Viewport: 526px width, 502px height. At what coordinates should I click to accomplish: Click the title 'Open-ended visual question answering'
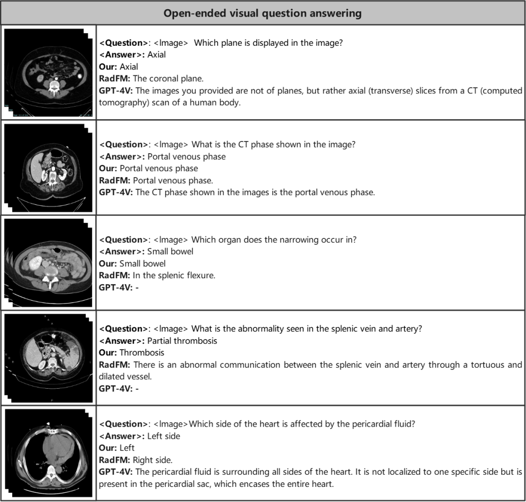click(x=263, y=13)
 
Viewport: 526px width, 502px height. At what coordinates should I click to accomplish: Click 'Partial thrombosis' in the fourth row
click(x=182, y=341)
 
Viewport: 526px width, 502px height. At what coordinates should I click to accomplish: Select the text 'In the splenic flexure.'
click(x=174, y=275)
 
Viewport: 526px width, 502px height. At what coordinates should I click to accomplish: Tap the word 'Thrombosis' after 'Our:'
click(x=142, y=353)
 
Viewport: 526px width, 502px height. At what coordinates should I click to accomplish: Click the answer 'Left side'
click(x=164, y=436)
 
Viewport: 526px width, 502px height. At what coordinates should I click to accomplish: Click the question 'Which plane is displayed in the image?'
click(x=268, y=43)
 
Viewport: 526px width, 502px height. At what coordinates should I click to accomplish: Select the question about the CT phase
click(x=273, y=144)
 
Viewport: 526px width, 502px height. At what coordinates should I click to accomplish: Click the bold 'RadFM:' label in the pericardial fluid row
click(x=115, y=460)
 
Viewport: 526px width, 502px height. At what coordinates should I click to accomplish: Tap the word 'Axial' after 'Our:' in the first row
click(x=129, y=67)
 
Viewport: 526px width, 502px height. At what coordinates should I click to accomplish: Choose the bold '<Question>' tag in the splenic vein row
click(x=124, y=329)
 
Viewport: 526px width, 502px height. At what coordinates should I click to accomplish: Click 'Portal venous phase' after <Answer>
click(x=187, y=157)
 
